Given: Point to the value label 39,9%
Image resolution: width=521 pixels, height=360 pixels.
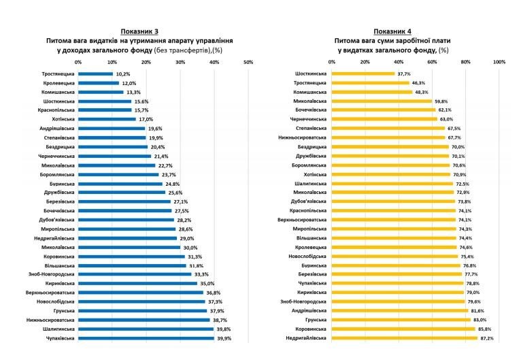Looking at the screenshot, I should (224, 338).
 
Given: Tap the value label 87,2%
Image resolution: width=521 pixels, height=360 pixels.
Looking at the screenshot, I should (486, 338).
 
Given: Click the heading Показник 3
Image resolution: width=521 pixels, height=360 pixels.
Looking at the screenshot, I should (145, 32).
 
